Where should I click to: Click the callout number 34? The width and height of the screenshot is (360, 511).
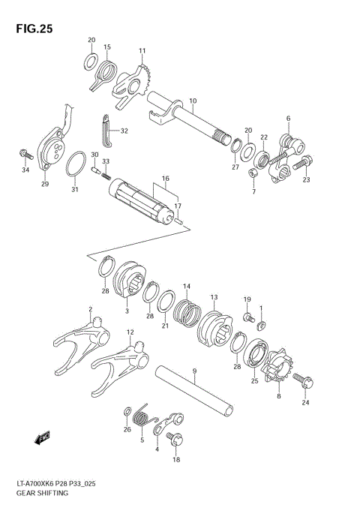(25, 170)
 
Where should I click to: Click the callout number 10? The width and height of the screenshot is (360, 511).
(193, 101)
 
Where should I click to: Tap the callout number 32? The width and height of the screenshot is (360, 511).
(124, 131)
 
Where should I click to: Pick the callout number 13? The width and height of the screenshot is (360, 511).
(214, 297)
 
